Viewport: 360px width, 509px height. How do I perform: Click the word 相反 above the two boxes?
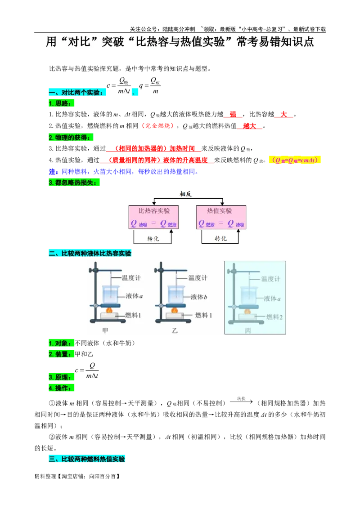(186, 194)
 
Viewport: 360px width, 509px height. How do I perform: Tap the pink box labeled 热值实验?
(221, 217)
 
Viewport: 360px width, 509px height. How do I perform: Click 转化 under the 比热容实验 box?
(153, 238)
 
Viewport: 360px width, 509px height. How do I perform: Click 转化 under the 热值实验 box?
(220, 238)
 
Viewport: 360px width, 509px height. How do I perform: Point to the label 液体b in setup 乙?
(198, 297)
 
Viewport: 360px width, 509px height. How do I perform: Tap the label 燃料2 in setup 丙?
(274, 317)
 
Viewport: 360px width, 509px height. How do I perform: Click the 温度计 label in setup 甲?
(131, 278)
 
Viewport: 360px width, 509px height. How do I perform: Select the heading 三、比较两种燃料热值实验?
(86, 459)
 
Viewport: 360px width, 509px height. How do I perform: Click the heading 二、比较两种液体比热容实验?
(90, 254)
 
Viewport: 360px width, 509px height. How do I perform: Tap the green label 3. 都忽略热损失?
(74, 183)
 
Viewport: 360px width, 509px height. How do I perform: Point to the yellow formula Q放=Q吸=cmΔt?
(295, 160)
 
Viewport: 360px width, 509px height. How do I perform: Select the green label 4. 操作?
(61, 388)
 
